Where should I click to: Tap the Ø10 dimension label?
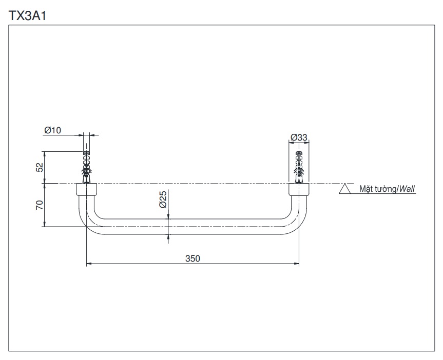(x=52, y=130)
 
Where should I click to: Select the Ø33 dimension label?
(x=299, y=137)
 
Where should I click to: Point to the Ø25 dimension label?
(x=162, y=199)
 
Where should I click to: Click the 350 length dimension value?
(x=192, y=258)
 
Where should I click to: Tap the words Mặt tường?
(x=378, y=189)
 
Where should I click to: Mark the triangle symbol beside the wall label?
(x=345, y=189)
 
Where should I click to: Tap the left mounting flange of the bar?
(x=87, y=189)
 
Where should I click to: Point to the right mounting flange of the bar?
(x=299, y=189)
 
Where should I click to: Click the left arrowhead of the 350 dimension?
(x=88, y=264)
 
